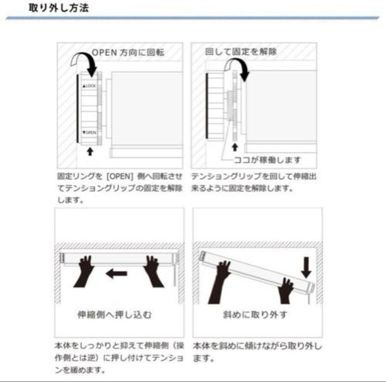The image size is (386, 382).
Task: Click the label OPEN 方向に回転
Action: click(x=128, y=52)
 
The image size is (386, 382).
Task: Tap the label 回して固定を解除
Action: click(x=241, y=52)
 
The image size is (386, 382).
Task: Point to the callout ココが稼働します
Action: click(x=268, y=160)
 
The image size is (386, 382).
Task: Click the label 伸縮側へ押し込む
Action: click(x=114, y=315)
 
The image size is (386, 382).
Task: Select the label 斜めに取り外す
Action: click(x=254, y=315)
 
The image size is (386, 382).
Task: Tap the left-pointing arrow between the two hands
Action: click(x=116, y=274)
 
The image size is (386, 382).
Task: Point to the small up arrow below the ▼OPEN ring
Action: click(x=90, y=152)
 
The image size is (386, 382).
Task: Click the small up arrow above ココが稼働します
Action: click(x=235, y=147)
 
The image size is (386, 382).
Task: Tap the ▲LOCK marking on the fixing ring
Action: click(x=89, y=86)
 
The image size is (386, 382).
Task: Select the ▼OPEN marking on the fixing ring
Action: click(x=89, y=132)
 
